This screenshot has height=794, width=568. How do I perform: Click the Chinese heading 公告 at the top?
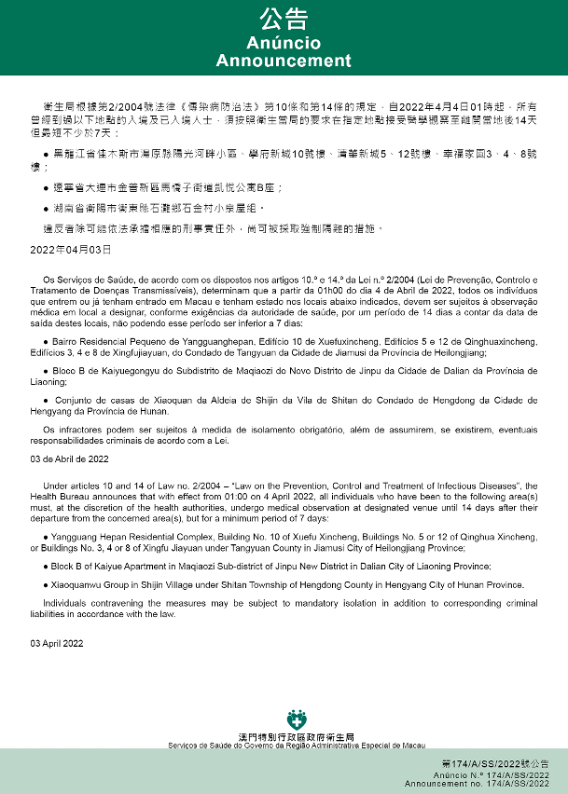point(284,21)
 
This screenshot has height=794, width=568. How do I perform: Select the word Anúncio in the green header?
point(284,44)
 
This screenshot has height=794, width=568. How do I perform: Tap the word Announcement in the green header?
point(284,61)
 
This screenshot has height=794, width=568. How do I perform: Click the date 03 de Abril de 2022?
point(71,459)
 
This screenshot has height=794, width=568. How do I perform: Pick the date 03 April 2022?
point(57,644)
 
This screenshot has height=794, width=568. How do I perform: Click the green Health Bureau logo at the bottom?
point(297,719)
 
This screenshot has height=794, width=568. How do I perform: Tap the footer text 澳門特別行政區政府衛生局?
point(297,737)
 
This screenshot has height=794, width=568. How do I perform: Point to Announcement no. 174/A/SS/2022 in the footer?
point(490,785)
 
